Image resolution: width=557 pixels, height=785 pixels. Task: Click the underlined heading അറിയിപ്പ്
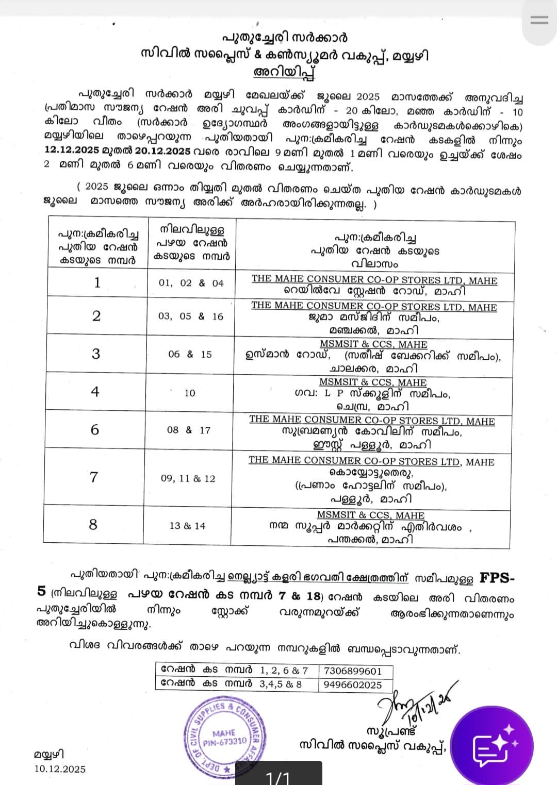284,72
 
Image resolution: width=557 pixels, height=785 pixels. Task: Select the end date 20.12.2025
162,151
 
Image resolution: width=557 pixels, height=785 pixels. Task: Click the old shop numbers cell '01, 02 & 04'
191,283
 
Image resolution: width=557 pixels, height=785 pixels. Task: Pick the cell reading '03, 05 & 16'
191,316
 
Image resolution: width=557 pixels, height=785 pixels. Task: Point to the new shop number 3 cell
96,354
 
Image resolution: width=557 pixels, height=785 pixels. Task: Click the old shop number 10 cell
190,393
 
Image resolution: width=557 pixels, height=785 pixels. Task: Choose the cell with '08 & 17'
189,430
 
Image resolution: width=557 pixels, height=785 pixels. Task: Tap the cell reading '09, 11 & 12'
188,478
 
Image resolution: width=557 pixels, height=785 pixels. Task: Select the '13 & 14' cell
187,526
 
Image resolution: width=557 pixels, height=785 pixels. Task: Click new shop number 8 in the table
93,525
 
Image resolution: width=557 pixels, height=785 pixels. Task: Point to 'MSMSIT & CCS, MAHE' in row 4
373,382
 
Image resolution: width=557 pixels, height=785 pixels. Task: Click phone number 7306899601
353,671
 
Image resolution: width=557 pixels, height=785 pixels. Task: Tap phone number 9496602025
353,684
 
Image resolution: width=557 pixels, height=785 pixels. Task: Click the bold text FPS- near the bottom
497,578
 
